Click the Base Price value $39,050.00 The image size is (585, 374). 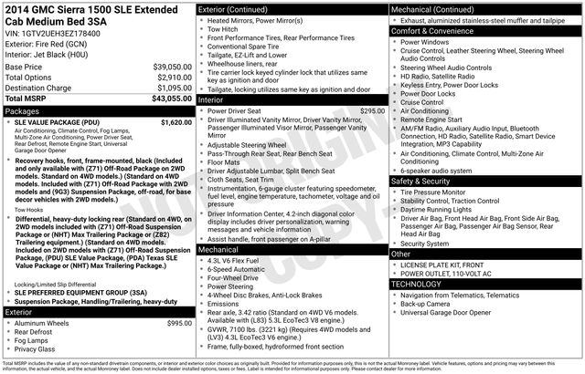click(x=172, y=67)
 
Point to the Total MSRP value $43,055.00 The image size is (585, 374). click(x=172, y=98)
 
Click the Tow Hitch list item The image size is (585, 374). click(x=225, y=29)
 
